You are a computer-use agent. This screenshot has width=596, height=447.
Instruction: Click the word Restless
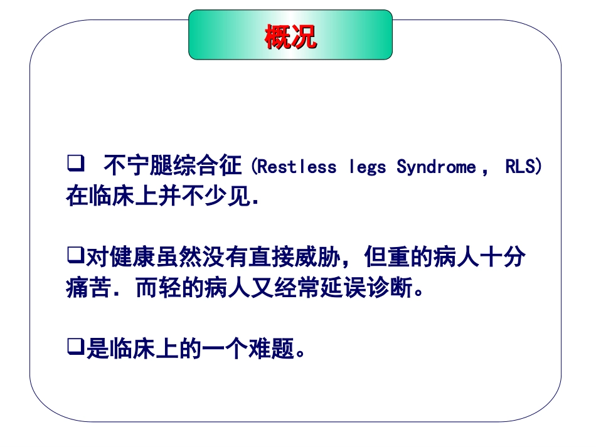[297, 167]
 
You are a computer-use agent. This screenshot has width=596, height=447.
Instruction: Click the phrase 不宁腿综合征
[173, 166]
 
